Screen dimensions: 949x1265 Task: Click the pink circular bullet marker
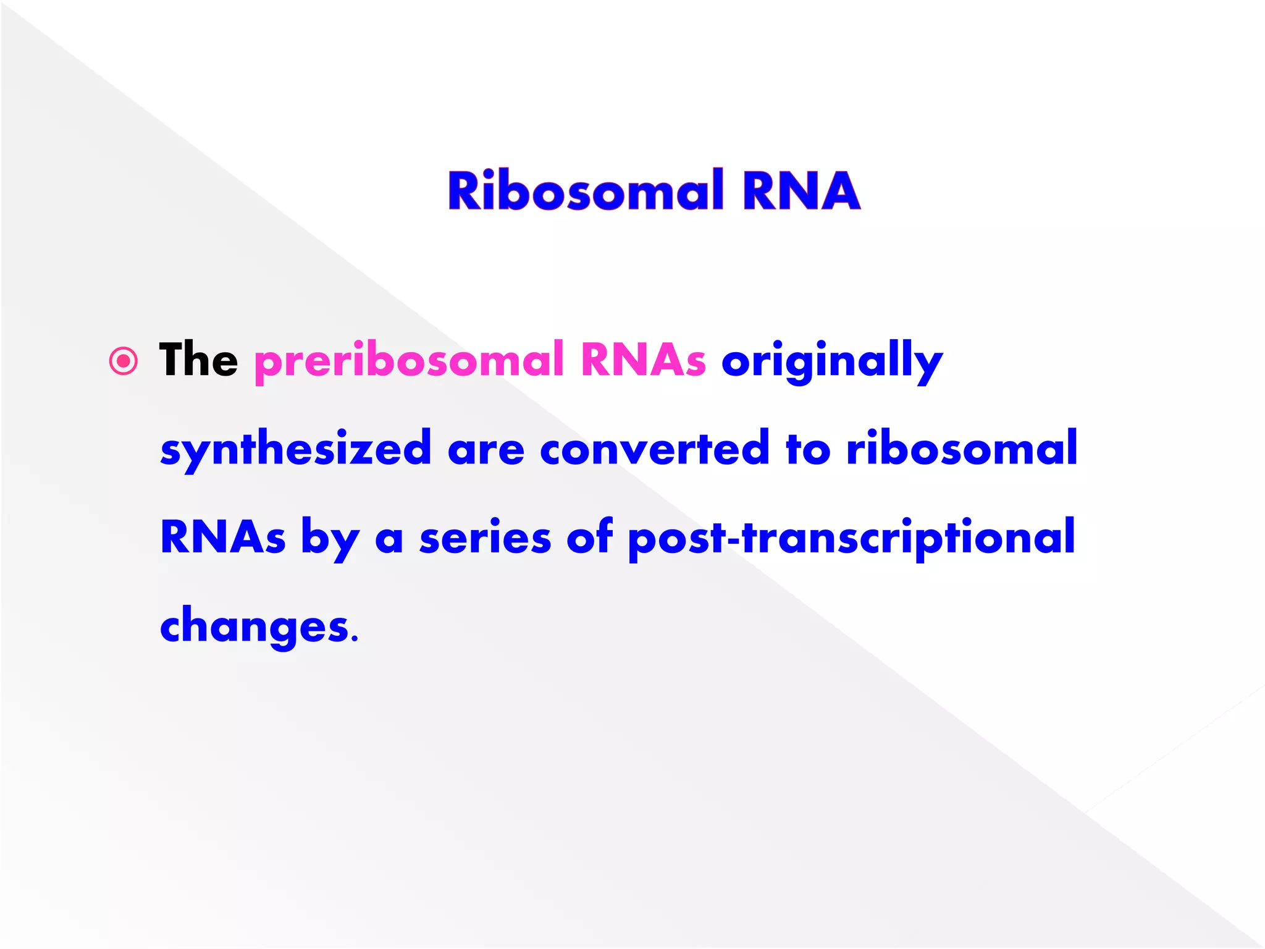(x=124, y=361)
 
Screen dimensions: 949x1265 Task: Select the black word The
(x=198, y=360)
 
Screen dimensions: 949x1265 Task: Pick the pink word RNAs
(x=643, y=360)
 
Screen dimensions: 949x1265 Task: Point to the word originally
(x=832, y=362)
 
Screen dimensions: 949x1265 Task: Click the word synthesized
(x=295, y=450)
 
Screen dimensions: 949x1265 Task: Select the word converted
(x=654, y=449)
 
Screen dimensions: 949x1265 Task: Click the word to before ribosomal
(x=808, y=450)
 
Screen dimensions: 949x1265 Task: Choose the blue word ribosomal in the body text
(x=962, y=449)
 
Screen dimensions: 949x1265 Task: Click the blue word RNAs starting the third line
(x=223, y=538)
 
